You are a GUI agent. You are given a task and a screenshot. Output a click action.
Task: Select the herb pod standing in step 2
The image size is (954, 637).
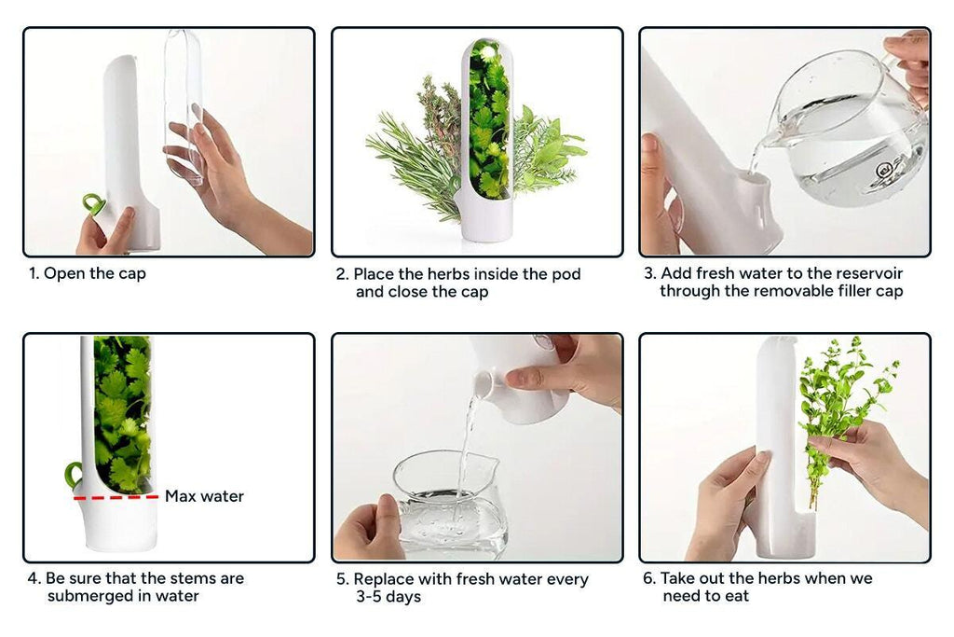(487, 140)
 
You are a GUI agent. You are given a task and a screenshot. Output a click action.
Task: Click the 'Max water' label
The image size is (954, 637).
(204, 496)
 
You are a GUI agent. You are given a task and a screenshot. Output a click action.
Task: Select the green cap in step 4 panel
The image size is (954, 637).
(73, 475)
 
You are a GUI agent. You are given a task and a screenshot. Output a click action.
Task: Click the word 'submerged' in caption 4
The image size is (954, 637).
(89, 596)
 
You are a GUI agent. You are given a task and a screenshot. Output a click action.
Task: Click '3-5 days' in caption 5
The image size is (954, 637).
(388, 597)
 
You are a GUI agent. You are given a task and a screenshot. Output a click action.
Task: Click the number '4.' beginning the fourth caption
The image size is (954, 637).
(34, 578)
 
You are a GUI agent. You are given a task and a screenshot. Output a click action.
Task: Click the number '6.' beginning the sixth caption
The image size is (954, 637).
(649, 578)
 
